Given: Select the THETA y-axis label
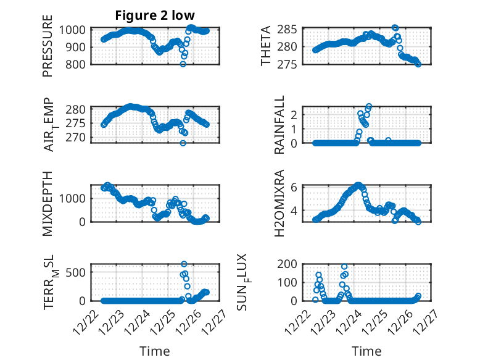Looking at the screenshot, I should click(266, 46).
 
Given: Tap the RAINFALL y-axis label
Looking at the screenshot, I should click(279, 124).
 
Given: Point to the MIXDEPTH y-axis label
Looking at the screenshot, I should click(48, 203).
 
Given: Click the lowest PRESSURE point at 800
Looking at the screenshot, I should click(183, 64).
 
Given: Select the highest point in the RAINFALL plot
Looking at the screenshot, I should click(369, 106).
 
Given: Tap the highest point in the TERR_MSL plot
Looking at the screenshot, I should click(184, 264).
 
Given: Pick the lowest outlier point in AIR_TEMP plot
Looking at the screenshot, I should click(183, 143).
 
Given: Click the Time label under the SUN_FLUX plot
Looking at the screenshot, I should click(366, 351).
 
